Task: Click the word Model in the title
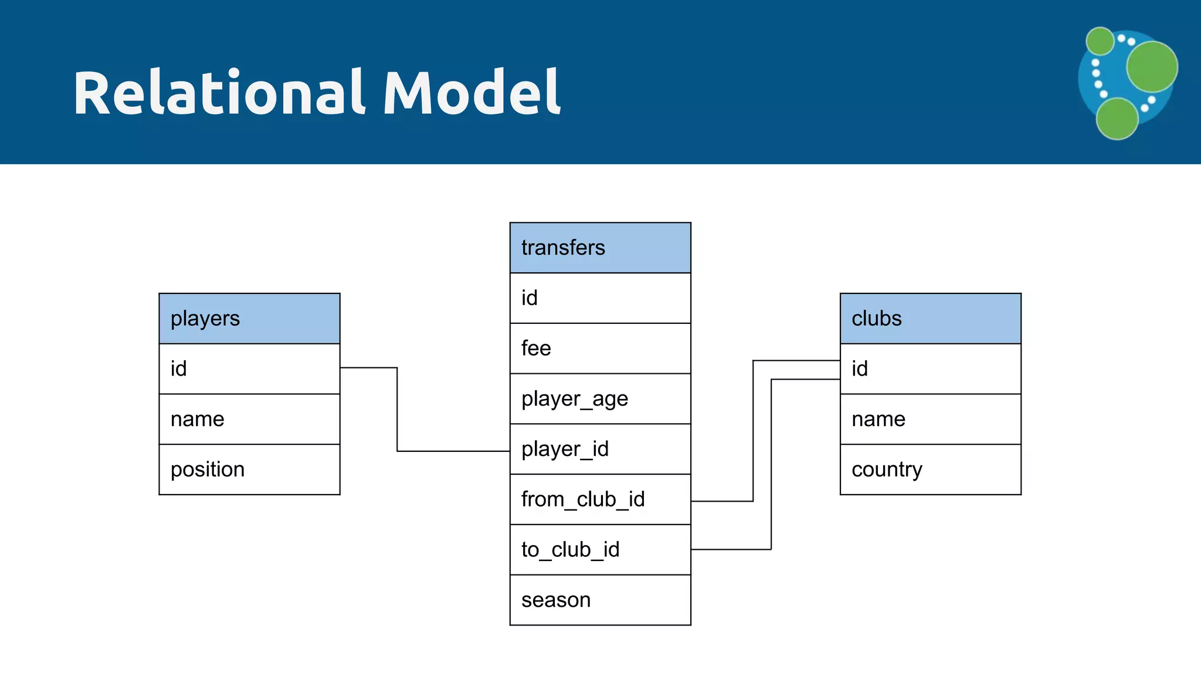(472, 93)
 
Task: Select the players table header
(249, 319)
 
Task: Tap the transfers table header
(600, 248)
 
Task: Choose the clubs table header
(930, 319)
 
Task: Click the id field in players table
(249, 369)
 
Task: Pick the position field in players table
(249, 469)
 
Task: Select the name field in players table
(249, 419)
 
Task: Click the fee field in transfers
(600, 349)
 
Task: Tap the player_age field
(600, 399)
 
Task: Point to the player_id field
(600, 449)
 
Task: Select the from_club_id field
(600, 499)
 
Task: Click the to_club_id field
(600, 550)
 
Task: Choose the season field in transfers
(600, 600)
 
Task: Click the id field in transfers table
(600, 298)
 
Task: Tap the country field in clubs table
(930, 469)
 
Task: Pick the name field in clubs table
(930, 419)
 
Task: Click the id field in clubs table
(930, 369)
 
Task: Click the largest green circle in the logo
(1152, 66)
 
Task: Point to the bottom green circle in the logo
(1117, 119)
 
